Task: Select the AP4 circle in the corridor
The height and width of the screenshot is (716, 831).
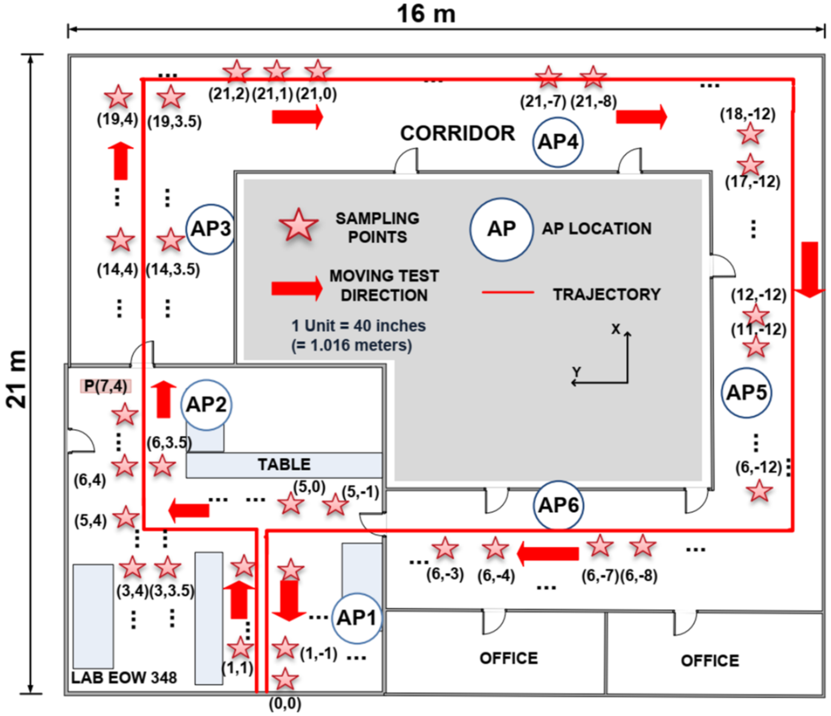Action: pos(557,142)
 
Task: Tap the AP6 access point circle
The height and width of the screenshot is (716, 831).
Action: pos(558,505)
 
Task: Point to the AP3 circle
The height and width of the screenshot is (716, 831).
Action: pos(211,229)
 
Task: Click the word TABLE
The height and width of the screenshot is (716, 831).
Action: pos(284,465)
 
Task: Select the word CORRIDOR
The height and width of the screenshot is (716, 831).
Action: pos(457,133)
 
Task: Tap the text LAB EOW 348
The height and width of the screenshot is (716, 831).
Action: pos(124,678)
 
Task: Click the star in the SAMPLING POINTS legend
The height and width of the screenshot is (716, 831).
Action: pos(298,226)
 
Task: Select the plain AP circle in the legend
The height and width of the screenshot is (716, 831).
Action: pos(501,229)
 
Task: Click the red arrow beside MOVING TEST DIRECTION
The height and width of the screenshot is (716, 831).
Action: pos(297,288)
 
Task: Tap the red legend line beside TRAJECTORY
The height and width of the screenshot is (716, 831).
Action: pos(508,292)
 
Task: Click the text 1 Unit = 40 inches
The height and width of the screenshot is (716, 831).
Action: pos(358,325)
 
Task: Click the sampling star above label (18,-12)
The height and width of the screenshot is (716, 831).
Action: pos(749,133)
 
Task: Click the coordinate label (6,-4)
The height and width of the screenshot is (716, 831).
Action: pos(496,576)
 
